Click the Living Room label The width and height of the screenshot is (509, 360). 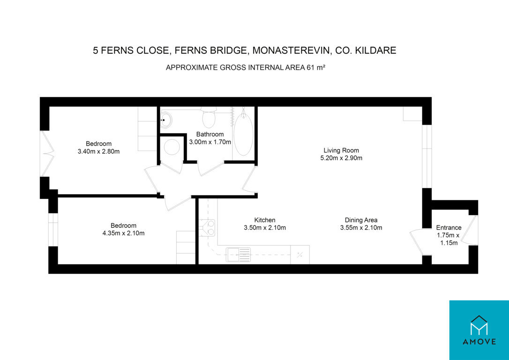[341, 150]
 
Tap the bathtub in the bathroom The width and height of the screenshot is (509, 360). [243, 134]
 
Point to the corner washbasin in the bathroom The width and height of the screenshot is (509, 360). [166, 120]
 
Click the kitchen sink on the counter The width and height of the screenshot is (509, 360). [239, 255]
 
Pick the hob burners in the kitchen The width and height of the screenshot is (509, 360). [206, 227]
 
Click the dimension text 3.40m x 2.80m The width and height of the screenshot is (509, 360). [99, 151]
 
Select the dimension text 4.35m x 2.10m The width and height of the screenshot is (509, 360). [123, 233]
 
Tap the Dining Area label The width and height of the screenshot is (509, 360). [361, 220]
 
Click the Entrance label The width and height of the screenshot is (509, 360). [449, 227]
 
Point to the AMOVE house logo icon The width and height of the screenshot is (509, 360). [479, 325]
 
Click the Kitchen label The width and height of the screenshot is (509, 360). [264, 220]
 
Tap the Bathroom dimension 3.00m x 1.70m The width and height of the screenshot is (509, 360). [210, 142]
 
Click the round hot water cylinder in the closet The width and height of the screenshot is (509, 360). [172, 147]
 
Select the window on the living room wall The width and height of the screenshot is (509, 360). [427, 156]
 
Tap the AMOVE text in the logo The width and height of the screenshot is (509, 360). [479, 342]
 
